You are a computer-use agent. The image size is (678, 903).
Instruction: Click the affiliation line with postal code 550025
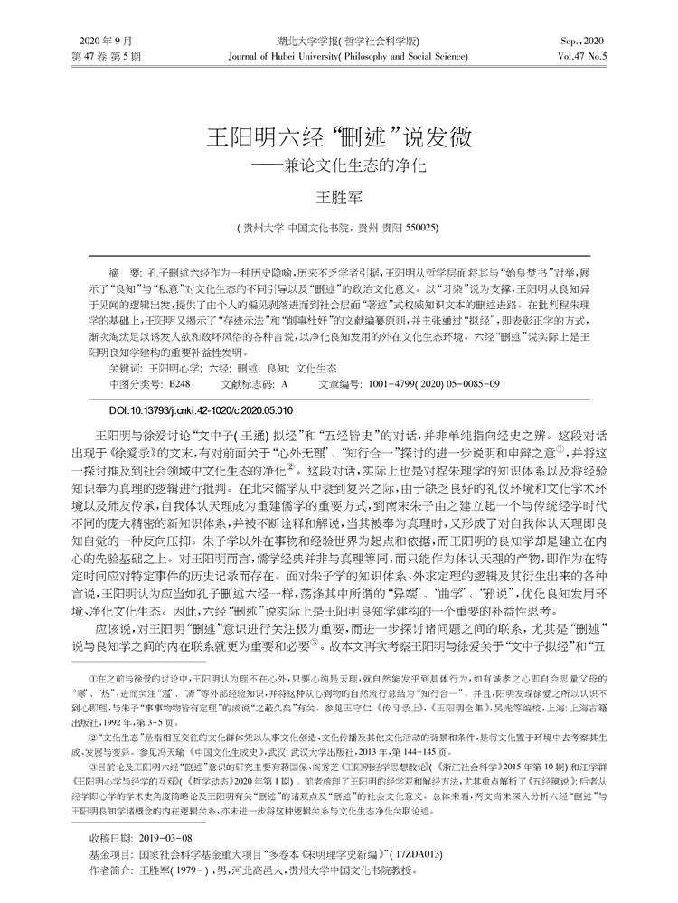click(337, 227)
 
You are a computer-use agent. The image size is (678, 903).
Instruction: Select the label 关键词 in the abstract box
click(124, 369)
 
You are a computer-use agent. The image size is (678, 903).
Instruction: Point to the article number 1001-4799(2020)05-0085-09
click(435, 384)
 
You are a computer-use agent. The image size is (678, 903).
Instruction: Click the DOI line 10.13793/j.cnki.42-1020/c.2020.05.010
click(206, 410)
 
